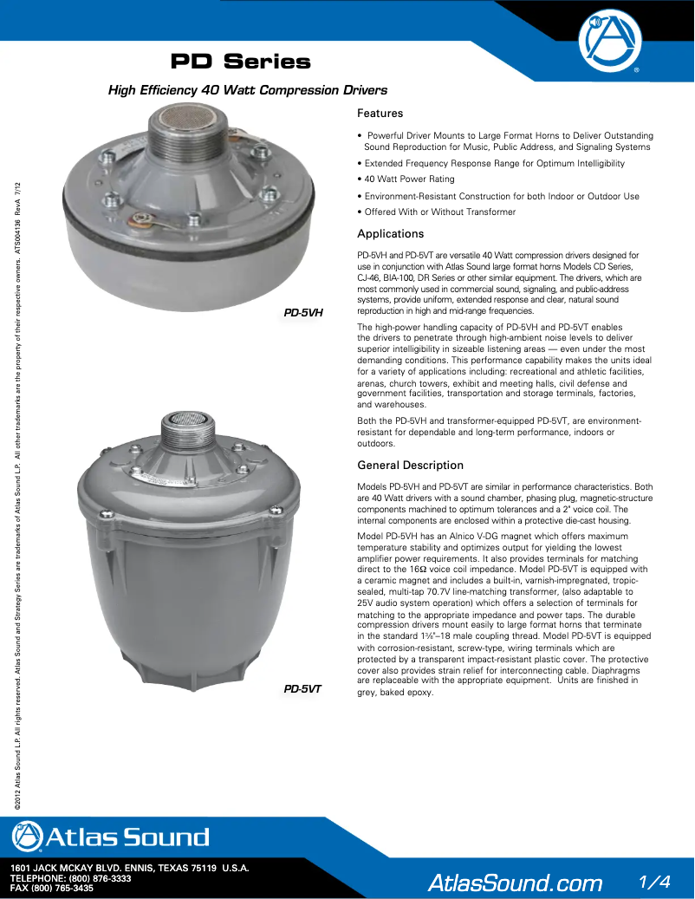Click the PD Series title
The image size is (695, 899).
[240, 62]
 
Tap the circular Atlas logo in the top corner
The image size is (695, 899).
[613, 40]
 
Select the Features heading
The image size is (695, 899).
[380, 114]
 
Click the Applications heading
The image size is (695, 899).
[390, 234]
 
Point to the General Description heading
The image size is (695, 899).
[410, 466]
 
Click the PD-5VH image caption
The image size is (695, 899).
[304, 312]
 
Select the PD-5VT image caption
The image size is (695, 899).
[303, 689]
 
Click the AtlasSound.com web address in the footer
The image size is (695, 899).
[515, 883]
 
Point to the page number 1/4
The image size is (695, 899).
[654, 881]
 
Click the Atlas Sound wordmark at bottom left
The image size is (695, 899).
[111, 837]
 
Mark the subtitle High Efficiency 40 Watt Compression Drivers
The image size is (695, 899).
[247, 90]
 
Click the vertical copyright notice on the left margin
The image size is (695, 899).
[18, 494]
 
